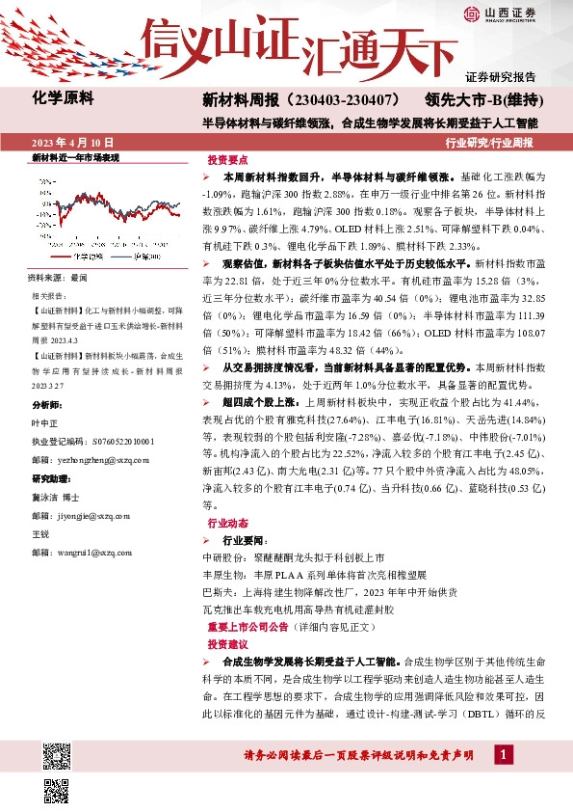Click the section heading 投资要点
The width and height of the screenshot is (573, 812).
click(227, 159)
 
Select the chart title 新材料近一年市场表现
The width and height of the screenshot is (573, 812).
click(75, 157)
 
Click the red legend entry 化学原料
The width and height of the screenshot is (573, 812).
click(85, 257)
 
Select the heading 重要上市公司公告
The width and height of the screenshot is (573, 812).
click(248, 625)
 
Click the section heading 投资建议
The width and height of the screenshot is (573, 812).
click(227, 643)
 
